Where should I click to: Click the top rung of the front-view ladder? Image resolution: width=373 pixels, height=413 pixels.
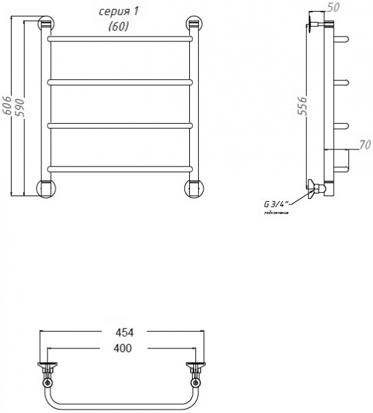point(119,39)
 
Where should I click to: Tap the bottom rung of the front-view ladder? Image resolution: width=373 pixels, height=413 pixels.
point(119,168)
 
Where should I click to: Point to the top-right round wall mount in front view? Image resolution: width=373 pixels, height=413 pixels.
point(193,25)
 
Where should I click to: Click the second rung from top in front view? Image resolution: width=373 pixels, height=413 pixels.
point(119,82)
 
